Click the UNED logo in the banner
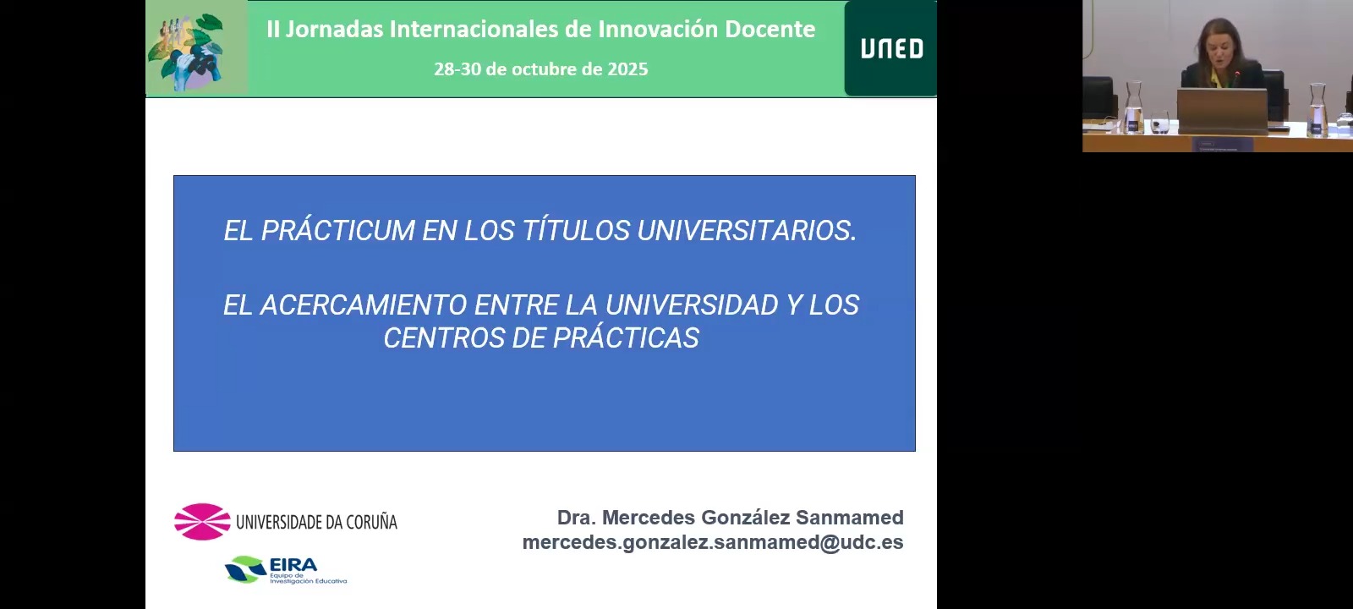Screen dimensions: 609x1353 tap(891, 49)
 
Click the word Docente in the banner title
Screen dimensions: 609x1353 tap(770, 30)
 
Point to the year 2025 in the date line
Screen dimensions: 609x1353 tap(627, 69)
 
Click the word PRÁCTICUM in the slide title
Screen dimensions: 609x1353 tap(337, 230)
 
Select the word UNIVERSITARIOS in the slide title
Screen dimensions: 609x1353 tap(747, 230)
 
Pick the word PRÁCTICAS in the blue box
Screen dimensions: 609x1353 tap(626, 337)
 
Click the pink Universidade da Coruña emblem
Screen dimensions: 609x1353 tap(202, 521)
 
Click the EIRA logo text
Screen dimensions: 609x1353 tap(293, 565)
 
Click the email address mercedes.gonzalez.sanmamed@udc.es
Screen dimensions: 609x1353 tap(713, 542)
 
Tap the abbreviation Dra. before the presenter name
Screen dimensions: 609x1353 tap(577, 518)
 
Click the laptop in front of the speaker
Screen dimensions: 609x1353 tap(1222, 109)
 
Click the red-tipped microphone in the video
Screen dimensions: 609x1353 tap(1236, 75)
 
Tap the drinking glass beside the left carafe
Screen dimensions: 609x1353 tap(1159, 122)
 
